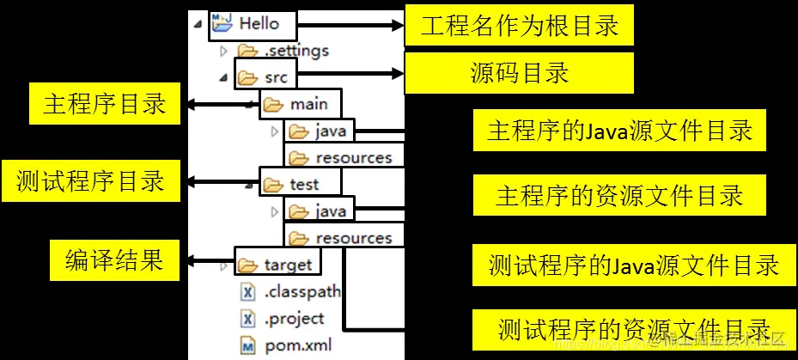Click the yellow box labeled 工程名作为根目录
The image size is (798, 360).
(519, 25)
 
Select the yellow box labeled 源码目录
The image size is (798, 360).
(519, 73)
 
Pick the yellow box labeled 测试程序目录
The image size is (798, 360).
(91, 182)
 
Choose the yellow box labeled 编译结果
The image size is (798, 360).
(114, 259)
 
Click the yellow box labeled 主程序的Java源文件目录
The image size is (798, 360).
(618, 131)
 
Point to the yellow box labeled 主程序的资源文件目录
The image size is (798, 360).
(618, 195)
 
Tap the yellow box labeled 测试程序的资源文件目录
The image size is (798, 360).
(634, 328)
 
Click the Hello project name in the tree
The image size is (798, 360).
(259, 24)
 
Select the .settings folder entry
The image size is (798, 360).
(295, 52)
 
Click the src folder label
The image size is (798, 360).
(276, 78)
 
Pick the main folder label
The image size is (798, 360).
(308, 105)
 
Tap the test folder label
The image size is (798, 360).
(304, 184)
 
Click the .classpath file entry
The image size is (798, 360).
(302, 291)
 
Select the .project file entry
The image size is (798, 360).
(294, 319)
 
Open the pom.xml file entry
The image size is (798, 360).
(297, 346)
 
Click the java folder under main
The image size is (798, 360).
(330, 131)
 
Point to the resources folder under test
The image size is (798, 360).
(353, 237)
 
